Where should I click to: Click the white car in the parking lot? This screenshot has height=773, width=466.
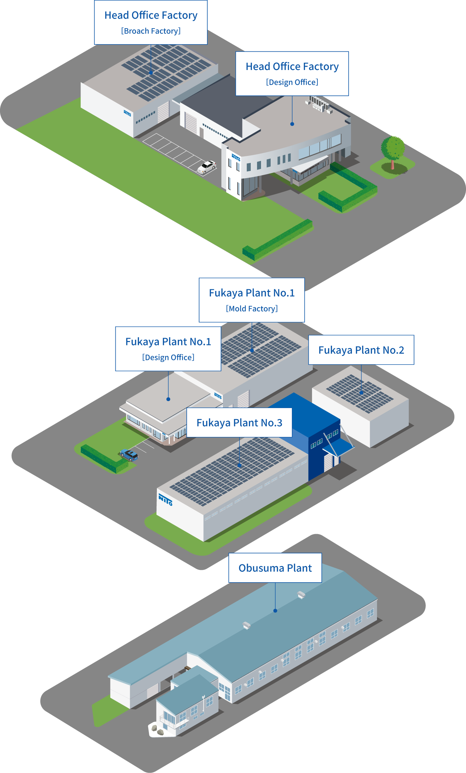point(206,167)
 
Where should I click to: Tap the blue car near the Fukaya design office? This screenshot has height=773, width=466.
point(129,455)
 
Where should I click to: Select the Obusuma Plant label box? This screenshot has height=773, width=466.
point(275,568)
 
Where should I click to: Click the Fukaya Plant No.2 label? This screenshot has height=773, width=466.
point(361,350)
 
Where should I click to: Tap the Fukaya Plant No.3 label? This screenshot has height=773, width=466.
point(239,423)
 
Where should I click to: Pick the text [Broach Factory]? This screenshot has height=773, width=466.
point(151,31)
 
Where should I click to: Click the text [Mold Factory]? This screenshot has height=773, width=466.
point(252,309)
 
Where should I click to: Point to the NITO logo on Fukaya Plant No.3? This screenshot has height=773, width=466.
point(165,499)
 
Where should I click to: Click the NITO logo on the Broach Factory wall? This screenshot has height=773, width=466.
point(127,113)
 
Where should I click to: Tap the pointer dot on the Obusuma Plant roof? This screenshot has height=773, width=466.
point(275,611)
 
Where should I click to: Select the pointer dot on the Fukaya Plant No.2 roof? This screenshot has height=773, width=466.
point(362,393)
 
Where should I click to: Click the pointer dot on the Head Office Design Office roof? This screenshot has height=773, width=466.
point(292,124)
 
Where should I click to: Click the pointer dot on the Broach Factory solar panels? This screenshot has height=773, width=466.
point(151,73)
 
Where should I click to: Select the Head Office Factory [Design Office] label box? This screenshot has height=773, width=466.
point(292,74)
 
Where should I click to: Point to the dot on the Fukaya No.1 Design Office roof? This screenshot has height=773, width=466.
point(168,399)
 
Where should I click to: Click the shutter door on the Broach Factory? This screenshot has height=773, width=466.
point(163,112)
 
